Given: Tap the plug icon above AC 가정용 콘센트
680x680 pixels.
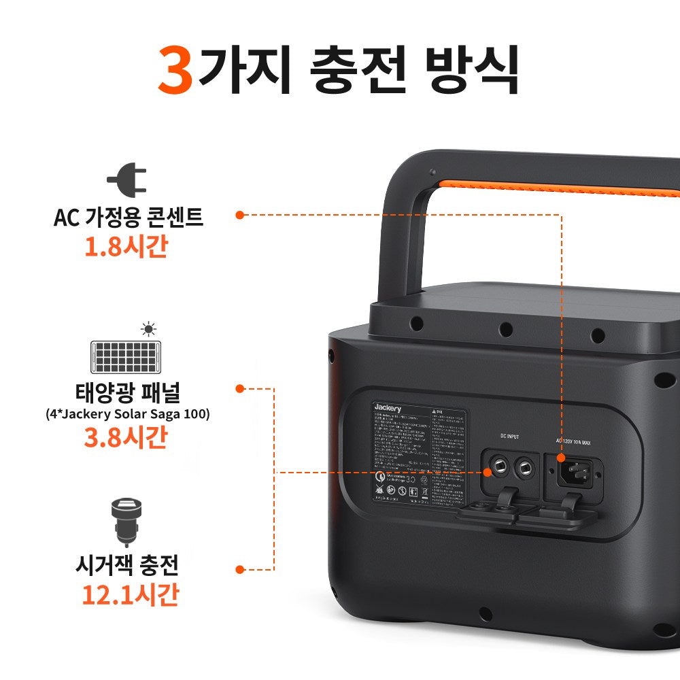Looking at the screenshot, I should pos(126,180).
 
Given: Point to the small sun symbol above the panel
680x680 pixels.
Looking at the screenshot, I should pos(148,330).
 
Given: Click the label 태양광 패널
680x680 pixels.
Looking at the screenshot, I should pos(127,394).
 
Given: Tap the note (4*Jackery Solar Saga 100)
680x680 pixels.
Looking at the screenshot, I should pos(127,413).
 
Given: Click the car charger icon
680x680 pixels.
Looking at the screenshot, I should pos(126,521).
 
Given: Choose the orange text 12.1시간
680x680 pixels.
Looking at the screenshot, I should pos(130,594).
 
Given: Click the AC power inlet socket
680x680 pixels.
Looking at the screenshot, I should pos(577,469).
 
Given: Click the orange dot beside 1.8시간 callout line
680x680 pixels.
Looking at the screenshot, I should pos(239,215).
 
